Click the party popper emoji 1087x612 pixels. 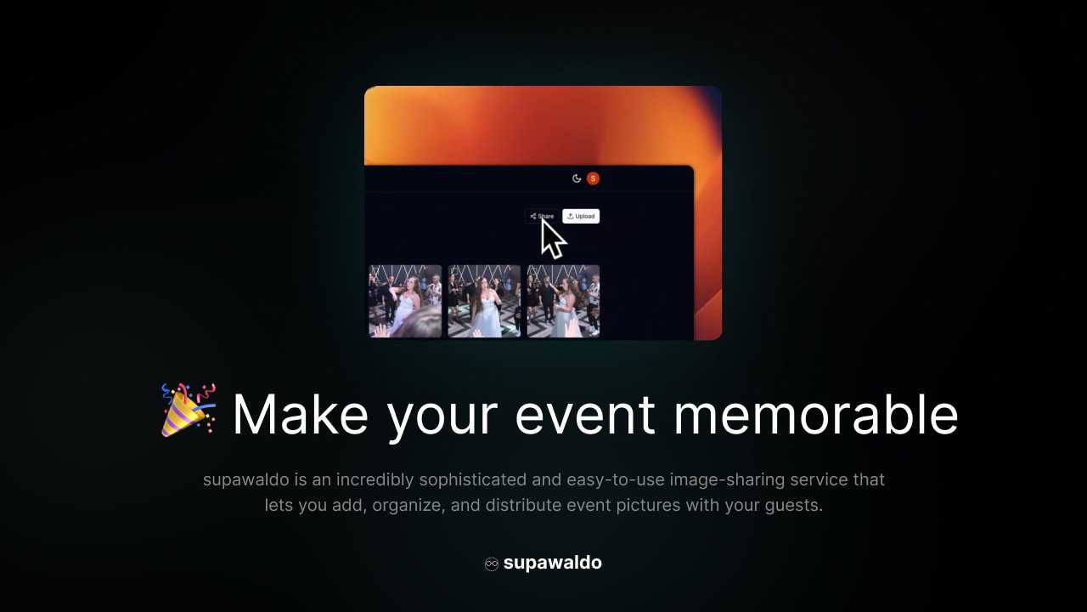tap(189, 411)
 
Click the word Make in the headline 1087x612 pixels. tap(301, 415)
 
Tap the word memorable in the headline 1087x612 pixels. tap(816, 414)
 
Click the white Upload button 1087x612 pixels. tap(581, 216)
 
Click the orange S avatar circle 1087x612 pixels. tap(593, 178)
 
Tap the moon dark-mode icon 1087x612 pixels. tap(577, 178)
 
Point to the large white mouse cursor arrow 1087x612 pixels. tap(552, 239)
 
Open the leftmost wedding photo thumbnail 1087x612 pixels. tap(405, 301)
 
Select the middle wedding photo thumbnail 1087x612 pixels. tap(484, 301)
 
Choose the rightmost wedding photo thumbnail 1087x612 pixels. tap(563, 301)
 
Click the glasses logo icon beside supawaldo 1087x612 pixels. tap(492, 564)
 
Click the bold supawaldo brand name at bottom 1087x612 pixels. tap(553, 563)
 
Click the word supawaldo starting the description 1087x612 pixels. tap(246, 480)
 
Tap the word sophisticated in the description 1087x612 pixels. tap(473, 480)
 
